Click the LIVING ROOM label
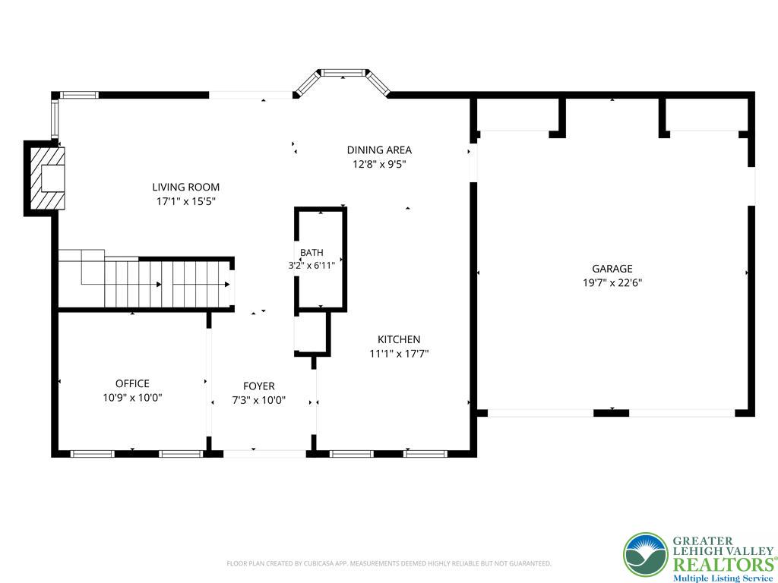185,187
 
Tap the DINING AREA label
379,150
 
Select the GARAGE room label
612,269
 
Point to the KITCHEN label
399,339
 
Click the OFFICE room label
132,383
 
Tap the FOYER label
259,386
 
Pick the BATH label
312,253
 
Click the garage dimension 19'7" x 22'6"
612,283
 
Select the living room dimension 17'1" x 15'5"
185,201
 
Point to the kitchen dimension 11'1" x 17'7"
399,354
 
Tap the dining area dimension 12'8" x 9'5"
379,164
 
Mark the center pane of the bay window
343,73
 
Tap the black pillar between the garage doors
612,413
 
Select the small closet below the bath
311,332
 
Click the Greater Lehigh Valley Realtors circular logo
646,555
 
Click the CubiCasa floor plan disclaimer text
389,563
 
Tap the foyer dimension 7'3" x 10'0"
259,401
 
